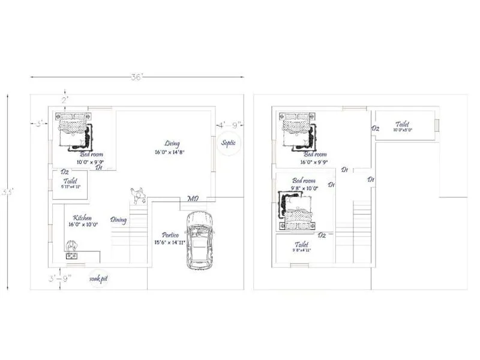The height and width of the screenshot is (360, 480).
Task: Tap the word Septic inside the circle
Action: pos(228,143)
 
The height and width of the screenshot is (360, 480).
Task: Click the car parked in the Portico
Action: pos(199,239)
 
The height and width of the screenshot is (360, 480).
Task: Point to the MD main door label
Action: pos(193,199)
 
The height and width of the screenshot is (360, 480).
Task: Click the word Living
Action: pos(172,143)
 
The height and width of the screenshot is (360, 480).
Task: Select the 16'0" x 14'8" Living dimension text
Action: pos(169,152)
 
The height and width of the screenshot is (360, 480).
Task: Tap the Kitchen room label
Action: pos(82,218)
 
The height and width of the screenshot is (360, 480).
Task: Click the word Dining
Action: pos(118,220)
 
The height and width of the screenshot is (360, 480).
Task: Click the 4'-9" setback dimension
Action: pos(229,125)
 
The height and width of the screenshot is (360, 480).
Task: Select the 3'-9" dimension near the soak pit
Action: pos(60,278)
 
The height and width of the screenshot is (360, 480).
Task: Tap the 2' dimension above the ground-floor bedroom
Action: pos(64,99)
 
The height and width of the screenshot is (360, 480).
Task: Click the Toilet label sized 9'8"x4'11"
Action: pos(301,245)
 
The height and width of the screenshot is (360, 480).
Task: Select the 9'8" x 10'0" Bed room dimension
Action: pos(303,188)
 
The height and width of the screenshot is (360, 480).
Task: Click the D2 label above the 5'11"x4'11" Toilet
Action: pos(65,172)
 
